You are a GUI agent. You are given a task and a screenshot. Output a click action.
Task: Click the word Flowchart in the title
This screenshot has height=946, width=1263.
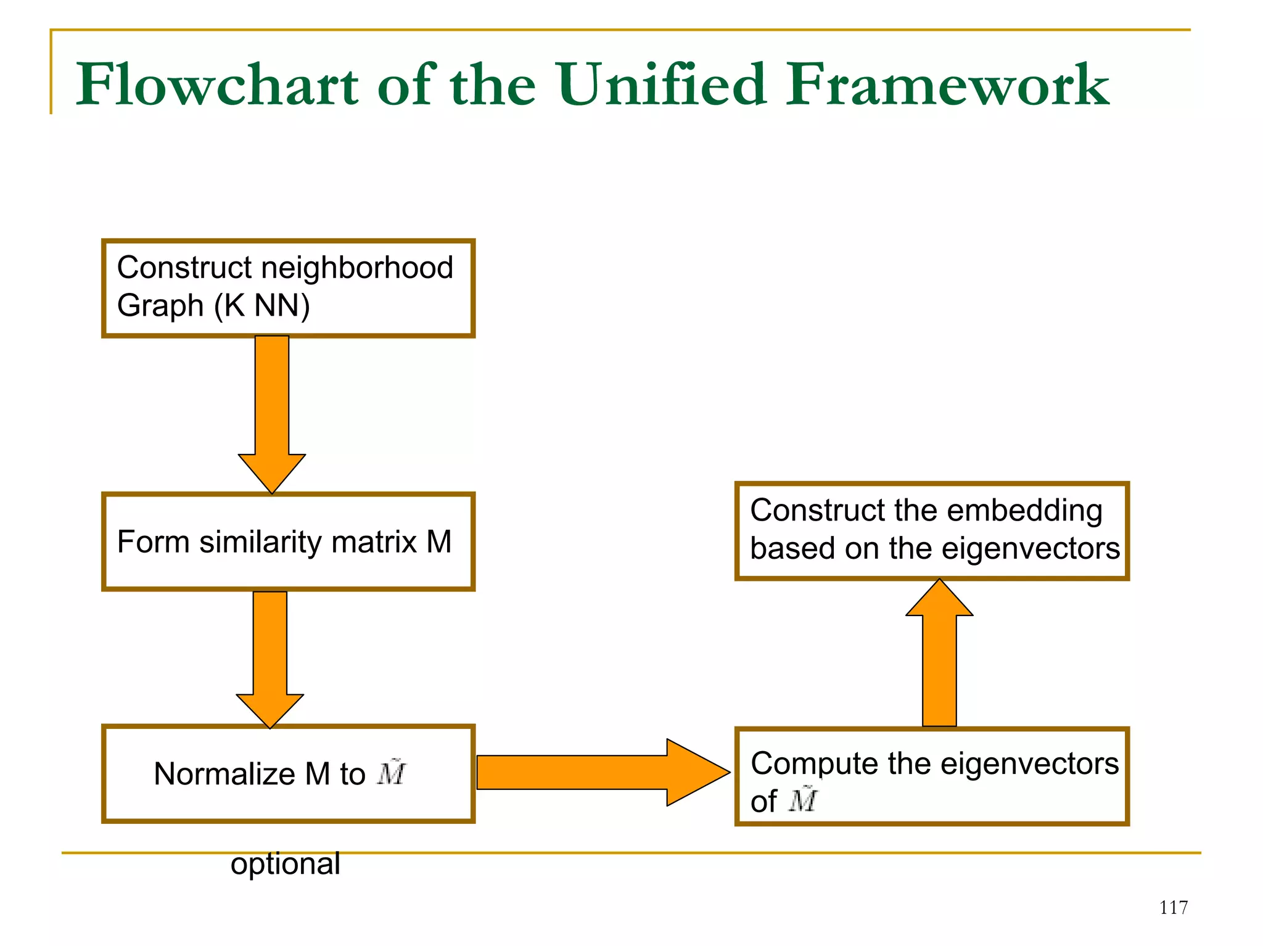point(216,85)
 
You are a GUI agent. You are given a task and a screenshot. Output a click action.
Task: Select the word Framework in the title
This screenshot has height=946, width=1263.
point(947,85)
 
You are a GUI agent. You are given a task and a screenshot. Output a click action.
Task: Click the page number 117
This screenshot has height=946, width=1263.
point(1173,908)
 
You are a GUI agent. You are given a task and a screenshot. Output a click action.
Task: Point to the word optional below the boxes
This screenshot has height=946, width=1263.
point(285,863)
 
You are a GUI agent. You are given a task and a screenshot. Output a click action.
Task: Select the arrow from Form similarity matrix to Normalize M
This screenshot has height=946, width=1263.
point(270,657)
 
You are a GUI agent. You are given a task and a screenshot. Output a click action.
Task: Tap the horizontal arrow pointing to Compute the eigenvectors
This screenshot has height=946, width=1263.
point(601,772)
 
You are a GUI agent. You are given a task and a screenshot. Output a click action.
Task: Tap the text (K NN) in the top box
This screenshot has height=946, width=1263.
point(261,306)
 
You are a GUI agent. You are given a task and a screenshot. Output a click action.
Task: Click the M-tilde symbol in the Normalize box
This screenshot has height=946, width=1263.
point(392,773)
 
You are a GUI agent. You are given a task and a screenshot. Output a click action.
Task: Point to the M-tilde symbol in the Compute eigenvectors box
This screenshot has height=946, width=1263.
point(803,800)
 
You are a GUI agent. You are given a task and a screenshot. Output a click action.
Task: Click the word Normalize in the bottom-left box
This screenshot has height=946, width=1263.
point(224,774)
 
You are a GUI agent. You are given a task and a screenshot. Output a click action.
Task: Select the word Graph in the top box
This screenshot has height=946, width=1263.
point(160,306)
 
